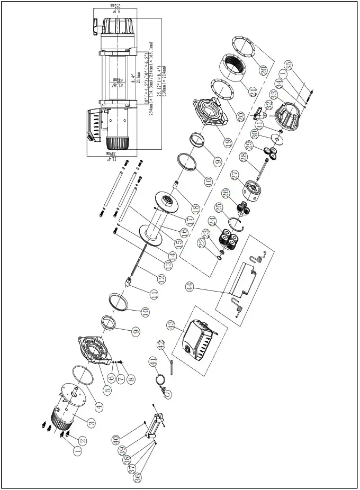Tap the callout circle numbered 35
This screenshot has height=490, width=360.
[289, 66]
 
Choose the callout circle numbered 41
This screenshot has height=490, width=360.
[152, 362]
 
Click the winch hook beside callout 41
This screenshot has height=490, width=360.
[167, 392]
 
